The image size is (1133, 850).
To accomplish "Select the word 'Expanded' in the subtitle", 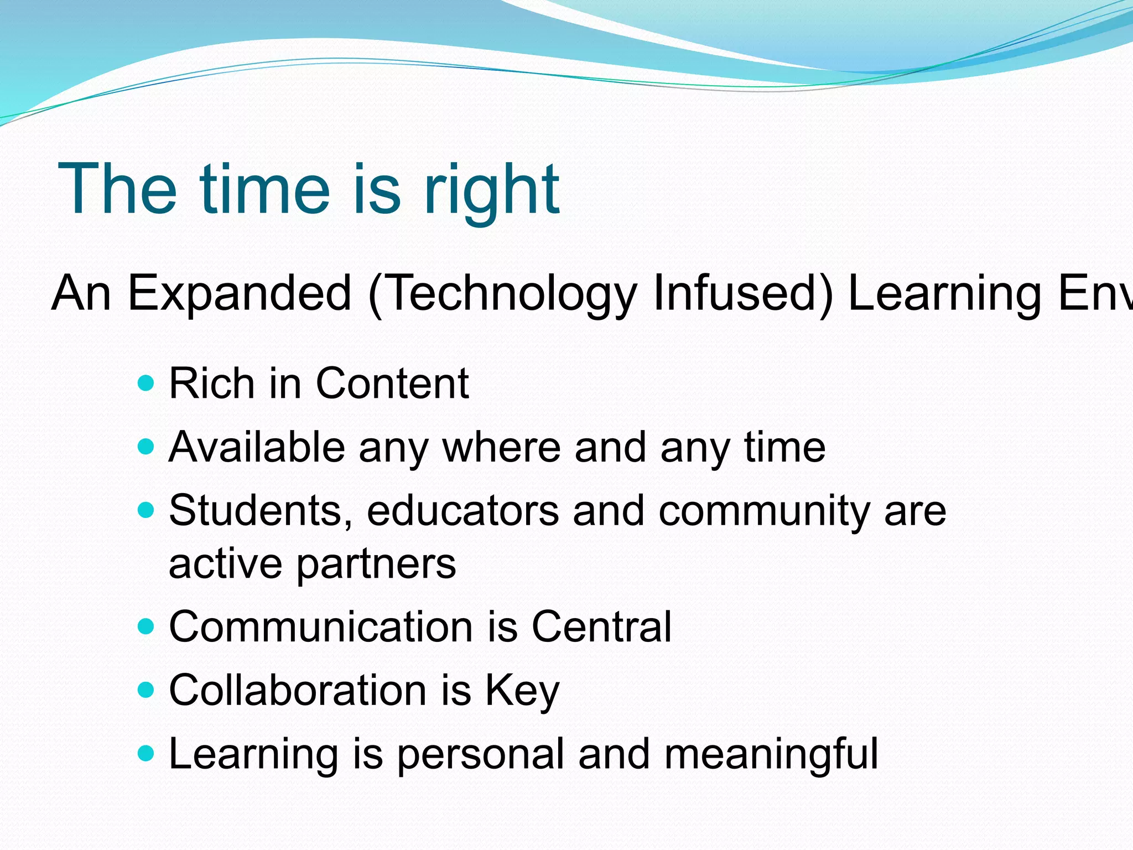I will [x=240, y=293].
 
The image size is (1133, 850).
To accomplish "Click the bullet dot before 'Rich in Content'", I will [x=145, y=383].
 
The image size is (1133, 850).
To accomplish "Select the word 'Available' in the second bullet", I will [x=257, y=447].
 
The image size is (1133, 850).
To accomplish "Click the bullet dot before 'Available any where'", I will [x=145, y=447].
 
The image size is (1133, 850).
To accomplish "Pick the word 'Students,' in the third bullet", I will [x=261, y=510].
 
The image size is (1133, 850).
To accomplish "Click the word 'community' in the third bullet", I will [x=764, y=510].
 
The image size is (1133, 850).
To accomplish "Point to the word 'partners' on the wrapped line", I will [x=376, y=564].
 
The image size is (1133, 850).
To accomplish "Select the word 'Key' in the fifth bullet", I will [x=522, y=692].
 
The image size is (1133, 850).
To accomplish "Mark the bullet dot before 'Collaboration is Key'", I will [x=145, y=691].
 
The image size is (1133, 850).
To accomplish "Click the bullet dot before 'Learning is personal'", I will [x=145, y=754].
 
